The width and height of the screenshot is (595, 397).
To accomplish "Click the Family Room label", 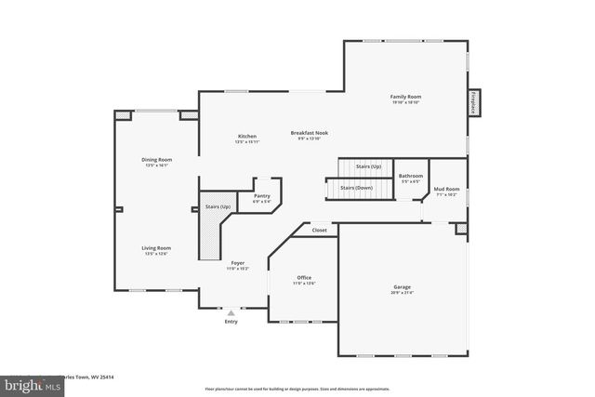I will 404,97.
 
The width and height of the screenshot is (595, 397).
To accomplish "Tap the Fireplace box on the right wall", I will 472,102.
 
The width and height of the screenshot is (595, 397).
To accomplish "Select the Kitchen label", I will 246,137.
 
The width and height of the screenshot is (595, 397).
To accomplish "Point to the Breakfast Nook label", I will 309,133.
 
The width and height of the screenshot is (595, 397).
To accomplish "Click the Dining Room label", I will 156,159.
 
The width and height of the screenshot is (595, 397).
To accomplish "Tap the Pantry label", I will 261,195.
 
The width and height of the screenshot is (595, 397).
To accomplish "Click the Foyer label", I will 237,263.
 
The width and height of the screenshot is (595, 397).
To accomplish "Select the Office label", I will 304,277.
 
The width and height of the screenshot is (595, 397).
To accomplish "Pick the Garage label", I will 402,287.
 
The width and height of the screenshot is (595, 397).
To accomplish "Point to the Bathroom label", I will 411,176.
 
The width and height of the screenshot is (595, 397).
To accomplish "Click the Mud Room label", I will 446,189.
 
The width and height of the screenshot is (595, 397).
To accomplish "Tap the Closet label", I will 319,230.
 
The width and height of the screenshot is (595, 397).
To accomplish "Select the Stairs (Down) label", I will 356,188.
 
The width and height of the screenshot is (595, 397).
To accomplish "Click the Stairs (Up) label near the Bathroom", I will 368,166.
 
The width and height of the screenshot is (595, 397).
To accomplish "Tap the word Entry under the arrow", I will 231,322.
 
